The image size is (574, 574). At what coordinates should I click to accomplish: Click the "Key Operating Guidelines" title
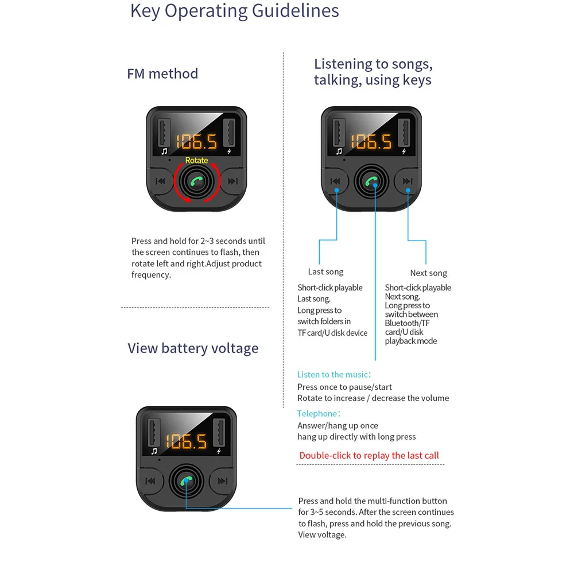234,10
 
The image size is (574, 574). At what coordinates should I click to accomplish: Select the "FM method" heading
162,73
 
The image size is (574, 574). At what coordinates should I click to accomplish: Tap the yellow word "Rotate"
196,160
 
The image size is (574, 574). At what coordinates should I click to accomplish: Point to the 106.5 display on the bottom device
186,441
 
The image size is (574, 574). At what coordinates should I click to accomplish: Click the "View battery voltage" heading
193,348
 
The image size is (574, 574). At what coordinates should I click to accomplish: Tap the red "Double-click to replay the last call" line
369,455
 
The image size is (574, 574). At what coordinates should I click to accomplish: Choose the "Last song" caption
325,272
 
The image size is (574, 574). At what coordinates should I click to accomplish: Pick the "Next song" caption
428,273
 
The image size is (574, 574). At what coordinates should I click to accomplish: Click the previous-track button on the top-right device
336,181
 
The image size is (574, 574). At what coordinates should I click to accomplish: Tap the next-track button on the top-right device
408,181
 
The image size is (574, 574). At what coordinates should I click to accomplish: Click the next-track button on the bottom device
222,481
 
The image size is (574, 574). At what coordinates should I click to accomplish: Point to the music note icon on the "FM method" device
164,152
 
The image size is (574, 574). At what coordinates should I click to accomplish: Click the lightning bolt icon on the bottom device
219,451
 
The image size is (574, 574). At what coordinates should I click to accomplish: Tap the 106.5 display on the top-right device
371,141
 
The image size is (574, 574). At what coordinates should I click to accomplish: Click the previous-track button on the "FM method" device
161,181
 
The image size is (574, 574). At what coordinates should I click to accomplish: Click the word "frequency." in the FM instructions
151,274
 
